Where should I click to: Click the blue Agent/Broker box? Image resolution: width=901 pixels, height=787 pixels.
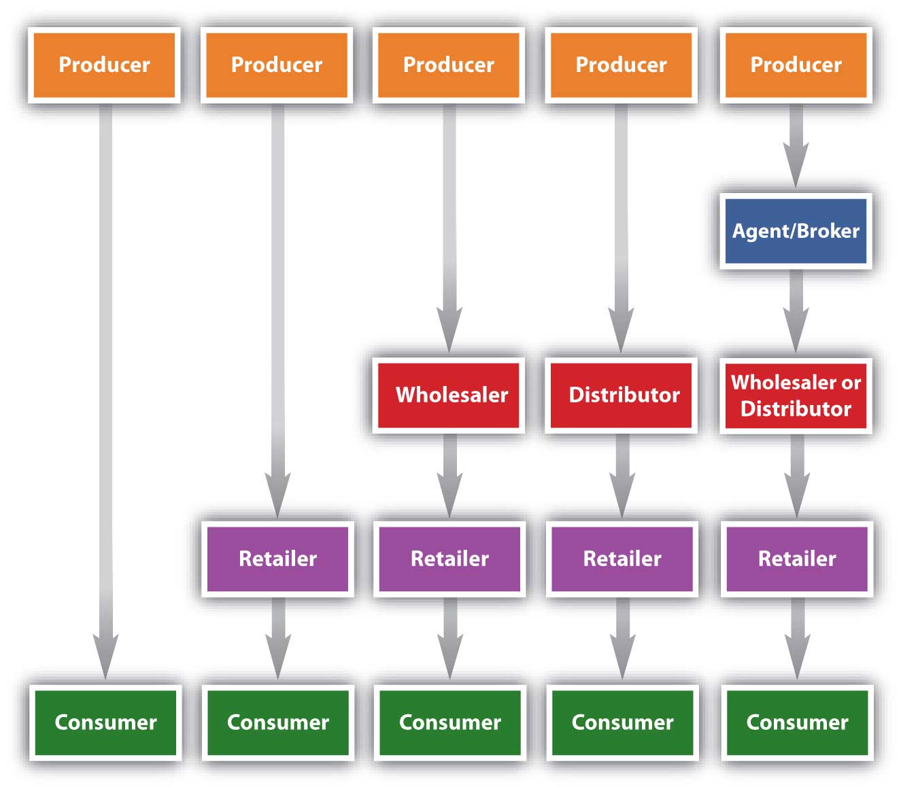[x=796, y=231]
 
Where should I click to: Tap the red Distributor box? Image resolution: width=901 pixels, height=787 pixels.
[x=622, y=395]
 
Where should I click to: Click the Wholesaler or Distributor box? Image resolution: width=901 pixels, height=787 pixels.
[x=796, y=395]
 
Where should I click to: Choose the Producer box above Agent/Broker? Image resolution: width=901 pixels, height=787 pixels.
[x=796, y=65]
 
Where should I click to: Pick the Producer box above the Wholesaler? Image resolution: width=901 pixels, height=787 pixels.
[x=449, y=65]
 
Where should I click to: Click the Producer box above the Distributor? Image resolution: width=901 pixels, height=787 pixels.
[x=622, y=65]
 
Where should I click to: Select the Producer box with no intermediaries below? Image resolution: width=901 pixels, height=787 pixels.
[x=104, y=65]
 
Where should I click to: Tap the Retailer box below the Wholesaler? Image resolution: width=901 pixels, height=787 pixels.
[x=449, y=559]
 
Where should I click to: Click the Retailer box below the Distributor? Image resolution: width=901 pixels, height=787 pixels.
[x=622, y=559]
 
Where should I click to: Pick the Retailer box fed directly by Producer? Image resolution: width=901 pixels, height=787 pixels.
[x=277, y=559]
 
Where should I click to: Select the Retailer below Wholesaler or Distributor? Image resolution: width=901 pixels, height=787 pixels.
[x=796, y=559]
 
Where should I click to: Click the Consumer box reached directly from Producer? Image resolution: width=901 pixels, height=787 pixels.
[x=105, y=722]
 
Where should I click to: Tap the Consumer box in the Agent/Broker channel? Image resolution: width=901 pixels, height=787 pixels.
[x=796, y=722]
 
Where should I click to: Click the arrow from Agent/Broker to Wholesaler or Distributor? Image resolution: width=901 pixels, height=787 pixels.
[x=796, y=309]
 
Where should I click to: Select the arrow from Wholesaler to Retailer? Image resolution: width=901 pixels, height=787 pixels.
[x=449, y=476]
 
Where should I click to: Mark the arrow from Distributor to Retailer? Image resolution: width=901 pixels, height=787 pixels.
[x=622, y=476]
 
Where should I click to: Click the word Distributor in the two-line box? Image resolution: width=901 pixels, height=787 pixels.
[x=796, y=408]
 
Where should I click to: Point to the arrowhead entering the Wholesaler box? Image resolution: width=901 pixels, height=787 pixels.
[x=449, y=333]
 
